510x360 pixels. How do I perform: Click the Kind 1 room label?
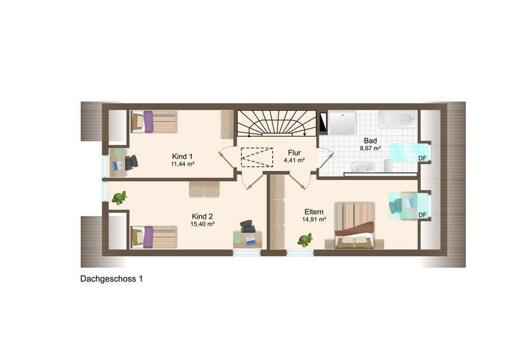182,156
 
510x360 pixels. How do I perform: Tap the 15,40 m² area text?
202,224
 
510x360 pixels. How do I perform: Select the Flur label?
294,153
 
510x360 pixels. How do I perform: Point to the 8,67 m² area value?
370,148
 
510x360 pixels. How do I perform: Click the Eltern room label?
314,212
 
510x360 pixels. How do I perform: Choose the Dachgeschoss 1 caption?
111,279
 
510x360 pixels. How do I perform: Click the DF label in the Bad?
422,158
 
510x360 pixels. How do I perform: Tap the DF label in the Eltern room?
422,215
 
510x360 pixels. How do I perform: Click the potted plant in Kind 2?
119,197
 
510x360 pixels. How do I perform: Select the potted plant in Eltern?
305,240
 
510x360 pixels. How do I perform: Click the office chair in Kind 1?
132,162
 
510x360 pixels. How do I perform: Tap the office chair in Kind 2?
247,226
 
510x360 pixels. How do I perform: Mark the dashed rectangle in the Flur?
257,157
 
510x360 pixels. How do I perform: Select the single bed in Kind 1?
154,122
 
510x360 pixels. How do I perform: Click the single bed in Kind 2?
154,237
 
